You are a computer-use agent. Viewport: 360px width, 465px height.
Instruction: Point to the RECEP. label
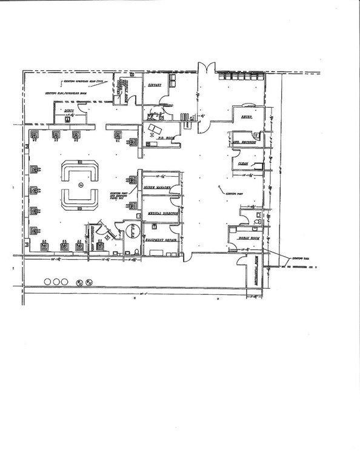tap(247, 116)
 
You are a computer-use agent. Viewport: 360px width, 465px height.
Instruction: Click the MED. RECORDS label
tap(243, 143)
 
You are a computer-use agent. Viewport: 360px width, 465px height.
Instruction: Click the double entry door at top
tap(205, 68)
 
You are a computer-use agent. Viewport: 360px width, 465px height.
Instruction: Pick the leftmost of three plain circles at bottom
tap(47, 282)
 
